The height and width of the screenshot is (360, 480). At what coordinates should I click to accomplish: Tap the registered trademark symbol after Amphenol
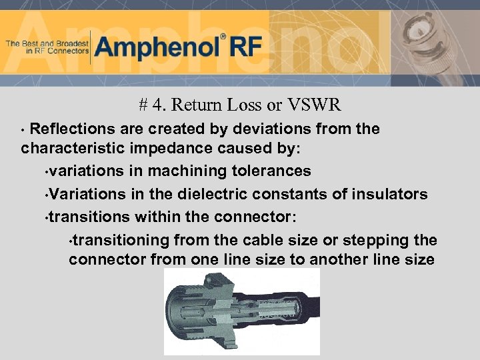[x=223, y=37]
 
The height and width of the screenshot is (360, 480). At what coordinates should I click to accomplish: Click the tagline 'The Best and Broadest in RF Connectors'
[x=47, y=47]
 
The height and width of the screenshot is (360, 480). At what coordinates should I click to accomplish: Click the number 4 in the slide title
[x=156, y=105]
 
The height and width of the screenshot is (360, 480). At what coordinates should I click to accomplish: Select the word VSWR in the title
[x=315, y=105]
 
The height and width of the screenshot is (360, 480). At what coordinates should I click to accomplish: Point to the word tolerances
[x=271, y=171]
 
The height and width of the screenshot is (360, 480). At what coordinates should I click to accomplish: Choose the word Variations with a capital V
[x=83, y=194]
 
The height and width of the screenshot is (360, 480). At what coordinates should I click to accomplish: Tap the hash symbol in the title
[x=143, y=105]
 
